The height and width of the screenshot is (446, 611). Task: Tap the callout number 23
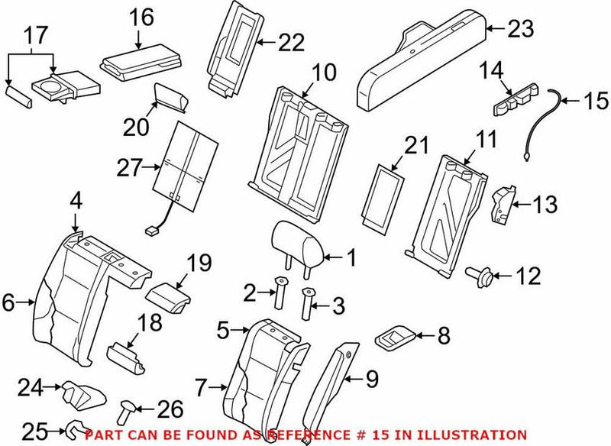pos(522,29)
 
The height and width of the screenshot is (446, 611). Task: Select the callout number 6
pos(8,303)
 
